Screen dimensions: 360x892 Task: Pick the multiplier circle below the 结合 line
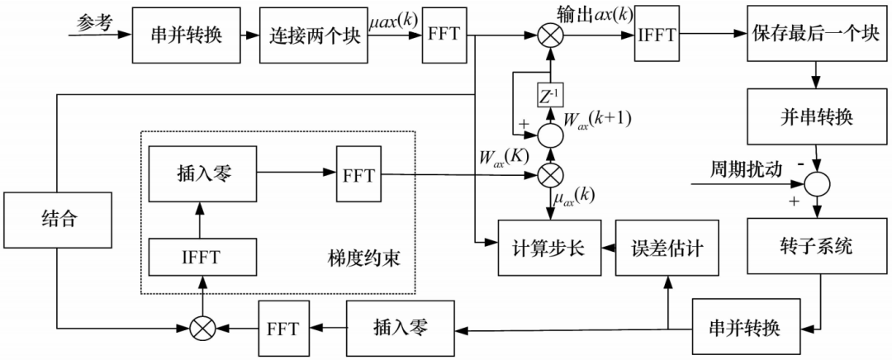click(x=202, y=327)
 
